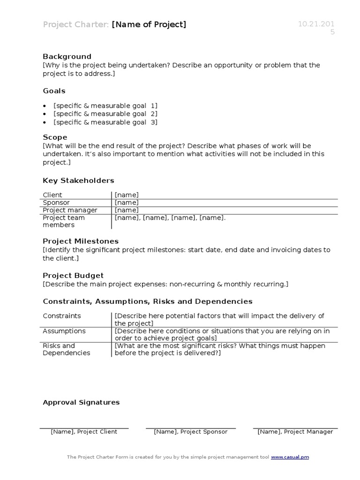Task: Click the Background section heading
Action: pos(67,57)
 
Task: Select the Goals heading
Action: pos(54,91)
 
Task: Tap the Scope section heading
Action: pos(55,137)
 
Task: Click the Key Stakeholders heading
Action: pos(78,180)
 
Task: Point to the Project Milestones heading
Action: pos(81,241)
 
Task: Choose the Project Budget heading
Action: pos(73,276)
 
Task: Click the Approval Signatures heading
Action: pos(81,402)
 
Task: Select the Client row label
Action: pos(52,195)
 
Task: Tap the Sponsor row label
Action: pos(56,202)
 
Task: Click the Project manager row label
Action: pos(70,210)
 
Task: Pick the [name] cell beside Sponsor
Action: pos(127,202)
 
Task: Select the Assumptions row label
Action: pos(64,331)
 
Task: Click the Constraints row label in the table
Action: pos(62,316)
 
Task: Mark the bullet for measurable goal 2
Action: pos(45,114)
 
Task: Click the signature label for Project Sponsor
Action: pos(190,432)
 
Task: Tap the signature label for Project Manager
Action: pos(295,432)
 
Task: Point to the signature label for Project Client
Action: pos(84,432)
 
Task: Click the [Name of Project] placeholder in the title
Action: pos(149,24)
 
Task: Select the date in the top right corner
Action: pos(316,28)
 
